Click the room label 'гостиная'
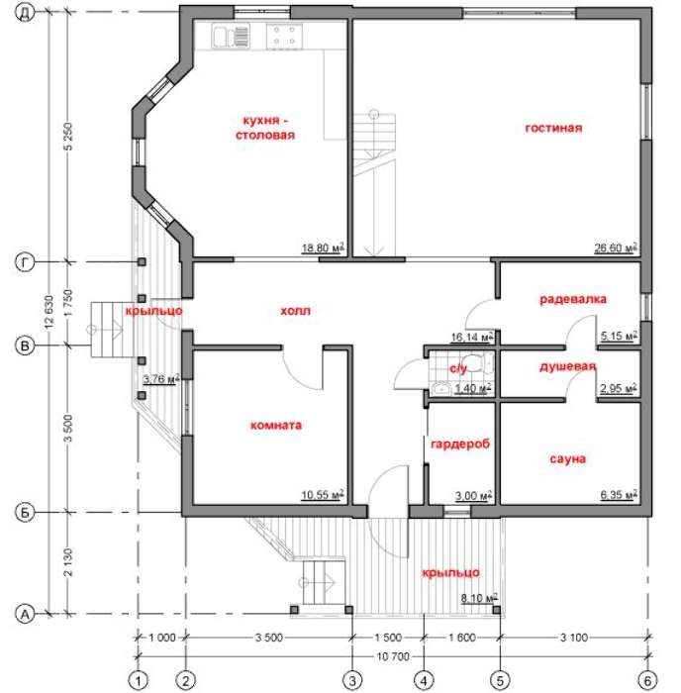[553, 128]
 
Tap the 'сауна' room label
[567, 459]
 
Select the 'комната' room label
[276, 425]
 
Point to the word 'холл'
[295, 311]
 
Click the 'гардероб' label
[460, 444]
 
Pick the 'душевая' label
[567, 367]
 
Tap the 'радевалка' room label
[573, 299]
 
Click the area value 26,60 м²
[616, 247]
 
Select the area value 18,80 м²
[323, 247]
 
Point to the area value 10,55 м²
[322, 495]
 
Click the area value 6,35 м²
[619, 495]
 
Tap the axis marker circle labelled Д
[25, 12]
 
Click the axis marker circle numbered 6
[648, 680]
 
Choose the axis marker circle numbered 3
[352, 680]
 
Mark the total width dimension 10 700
[393, 656]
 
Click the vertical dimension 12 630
[49, 311]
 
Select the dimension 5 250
[68, 137]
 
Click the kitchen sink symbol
[231, 36]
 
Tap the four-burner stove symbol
[284, 36]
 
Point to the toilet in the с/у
[479, 363]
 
